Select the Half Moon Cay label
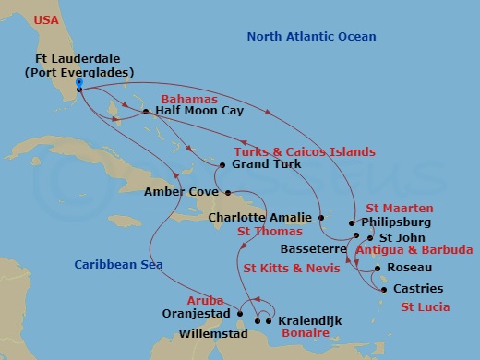193,112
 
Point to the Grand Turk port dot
222,165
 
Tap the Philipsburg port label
395,222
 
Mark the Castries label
418,289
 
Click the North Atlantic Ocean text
312,36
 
